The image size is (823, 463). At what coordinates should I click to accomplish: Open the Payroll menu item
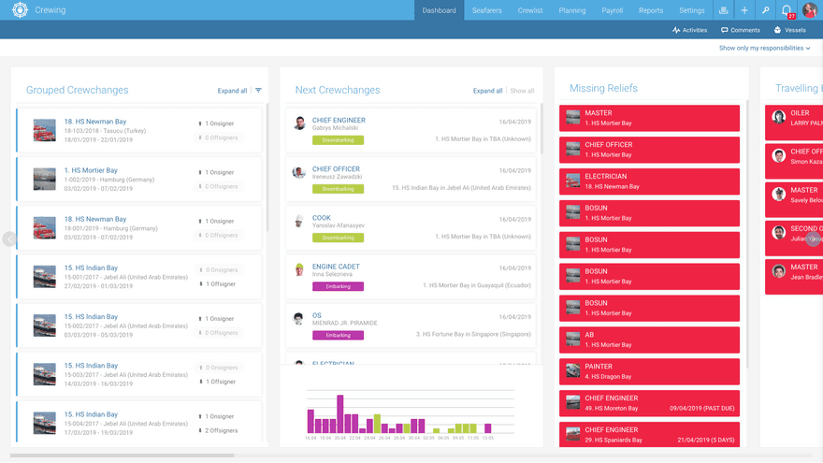(612, 10)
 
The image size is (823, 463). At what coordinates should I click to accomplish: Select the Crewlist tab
(530, 10)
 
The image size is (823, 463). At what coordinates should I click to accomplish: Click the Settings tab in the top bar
(691, 10)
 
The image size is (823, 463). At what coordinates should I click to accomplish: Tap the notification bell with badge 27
(787, 10)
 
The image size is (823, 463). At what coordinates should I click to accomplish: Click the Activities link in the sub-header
(689, 30)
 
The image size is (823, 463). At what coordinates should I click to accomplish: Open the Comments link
(740, 30)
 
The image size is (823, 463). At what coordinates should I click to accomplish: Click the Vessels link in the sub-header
(789, 30)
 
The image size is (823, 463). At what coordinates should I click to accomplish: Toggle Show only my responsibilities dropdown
(764, 48)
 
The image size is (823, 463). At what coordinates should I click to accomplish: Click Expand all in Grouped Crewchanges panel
(232, 91)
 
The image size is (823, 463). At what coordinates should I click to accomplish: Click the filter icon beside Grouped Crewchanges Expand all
(258, 91)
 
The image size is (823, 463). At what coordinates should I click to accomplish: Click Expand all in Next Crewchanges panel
(487, 91)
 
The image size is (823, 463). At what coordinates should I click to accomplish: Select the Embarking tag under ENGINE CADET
(338, 286)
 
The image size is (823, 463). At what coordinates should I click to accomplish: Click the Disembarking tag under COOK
(338, 238)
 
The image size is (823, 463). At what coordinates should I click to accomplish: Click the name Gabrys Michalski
(335, 128)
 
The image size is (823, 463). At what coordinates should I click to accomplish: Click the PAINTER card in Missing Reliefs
(649, 371)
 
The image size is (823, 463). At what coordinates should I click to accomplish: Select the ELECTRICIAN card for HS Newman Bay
(649, 181)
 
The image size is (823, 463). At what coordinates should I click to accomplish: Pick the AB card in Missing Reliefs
(649, 340)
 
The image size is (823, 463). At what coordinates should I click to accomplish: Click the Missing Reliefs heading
(603, 89)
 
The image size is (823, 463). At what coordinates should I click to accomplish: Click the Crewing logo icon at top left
(20, 10)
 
